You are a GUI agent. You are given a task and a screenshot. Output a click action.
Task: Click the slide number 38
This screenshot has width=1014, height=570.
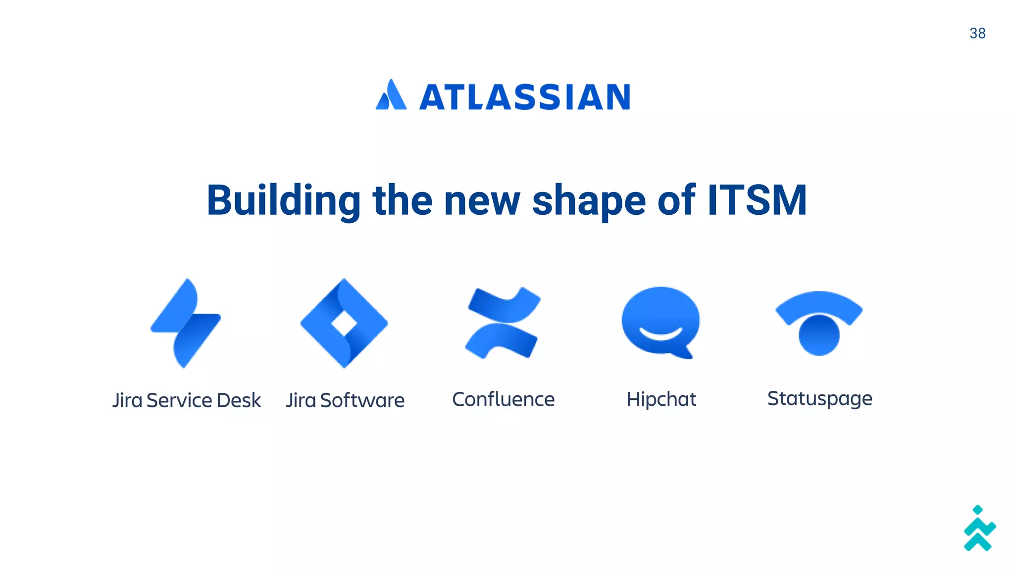977,33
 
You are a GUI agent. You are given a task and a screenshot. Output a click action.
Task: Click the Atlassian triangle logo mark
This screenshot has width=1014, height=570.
391,95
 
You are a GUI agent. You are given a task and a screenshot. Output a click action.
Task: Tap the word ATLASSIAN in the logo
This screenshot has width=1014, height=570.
525,97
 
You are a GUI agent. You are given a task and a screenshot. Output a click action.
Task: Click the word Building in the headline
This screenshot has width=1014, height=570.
283,200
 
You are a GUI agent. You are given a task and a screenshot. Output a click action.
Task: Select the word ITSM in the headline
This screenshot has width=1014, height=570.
757,200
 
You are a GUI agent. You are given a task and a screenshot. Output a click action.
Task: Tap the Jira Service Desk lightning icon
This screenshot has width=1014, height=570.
186,323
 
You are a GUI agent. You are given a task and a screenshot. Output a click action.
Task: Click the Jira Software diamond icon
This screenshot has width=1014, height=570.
344,323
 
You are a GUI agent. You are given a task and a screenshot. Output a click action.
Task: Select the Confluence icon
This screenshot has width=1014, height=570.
503,323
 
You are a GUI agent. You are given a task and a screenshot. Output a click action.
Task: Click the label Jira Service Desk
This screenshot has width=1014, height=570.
186,400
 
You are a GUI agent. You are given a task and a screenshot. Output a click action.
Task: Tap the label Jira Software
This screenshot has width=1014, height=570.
345,400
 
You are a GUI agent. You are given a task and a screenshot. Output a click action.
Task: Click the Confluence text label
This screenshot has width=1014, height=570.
503,399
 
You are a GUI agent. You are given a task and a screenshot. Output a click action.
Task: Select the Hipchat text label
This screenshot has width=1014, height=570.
661,399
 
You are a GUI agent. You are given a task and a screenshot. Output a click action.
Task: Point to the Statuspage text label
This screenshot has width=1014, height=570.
819,399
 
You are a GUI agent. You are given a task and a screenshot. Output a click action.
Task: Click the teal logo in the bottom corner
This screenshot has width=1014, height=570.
979,529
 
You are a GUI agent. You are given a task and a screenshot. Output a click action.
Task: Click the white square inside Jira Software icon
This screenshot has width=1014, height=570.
344,324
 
